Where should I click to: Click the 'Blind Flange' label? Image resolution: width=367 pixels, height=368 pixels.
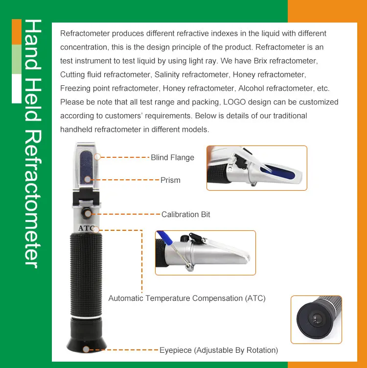point(172,157)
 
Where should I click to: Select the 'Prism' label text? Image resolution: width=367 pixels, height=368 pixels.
point(170,180)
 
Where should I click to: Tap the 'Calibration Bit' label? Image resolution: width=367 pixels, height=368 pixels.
point(185,214)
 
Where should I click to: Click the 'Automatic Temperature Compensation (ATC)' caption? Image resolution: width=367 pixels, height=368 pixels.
point(187,298)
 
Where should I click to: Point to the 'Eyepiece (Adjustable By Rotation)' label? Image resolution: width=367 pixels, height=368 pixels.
point(219,350)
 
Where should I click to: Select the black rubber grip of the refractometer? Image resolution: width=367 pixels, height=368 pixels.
point(87,274)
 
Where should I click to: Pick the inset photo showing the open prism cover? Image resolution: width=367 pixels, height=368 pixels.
point(256,168)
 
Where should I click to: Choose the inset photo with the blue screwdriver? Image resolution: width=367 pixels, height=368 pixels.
point(205,252)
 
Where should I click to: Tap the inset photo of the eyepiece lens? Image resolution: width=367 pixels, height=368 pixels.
point(316,319)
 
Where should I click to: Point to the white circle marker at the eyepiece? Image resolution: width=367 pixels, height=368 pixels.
point(87,350)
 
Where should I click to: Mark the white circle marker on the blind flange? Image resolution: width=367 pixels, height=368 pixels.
point(97,157)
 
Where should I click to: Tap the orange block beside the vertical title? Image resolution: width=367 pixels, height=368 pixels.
point(17,31)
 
